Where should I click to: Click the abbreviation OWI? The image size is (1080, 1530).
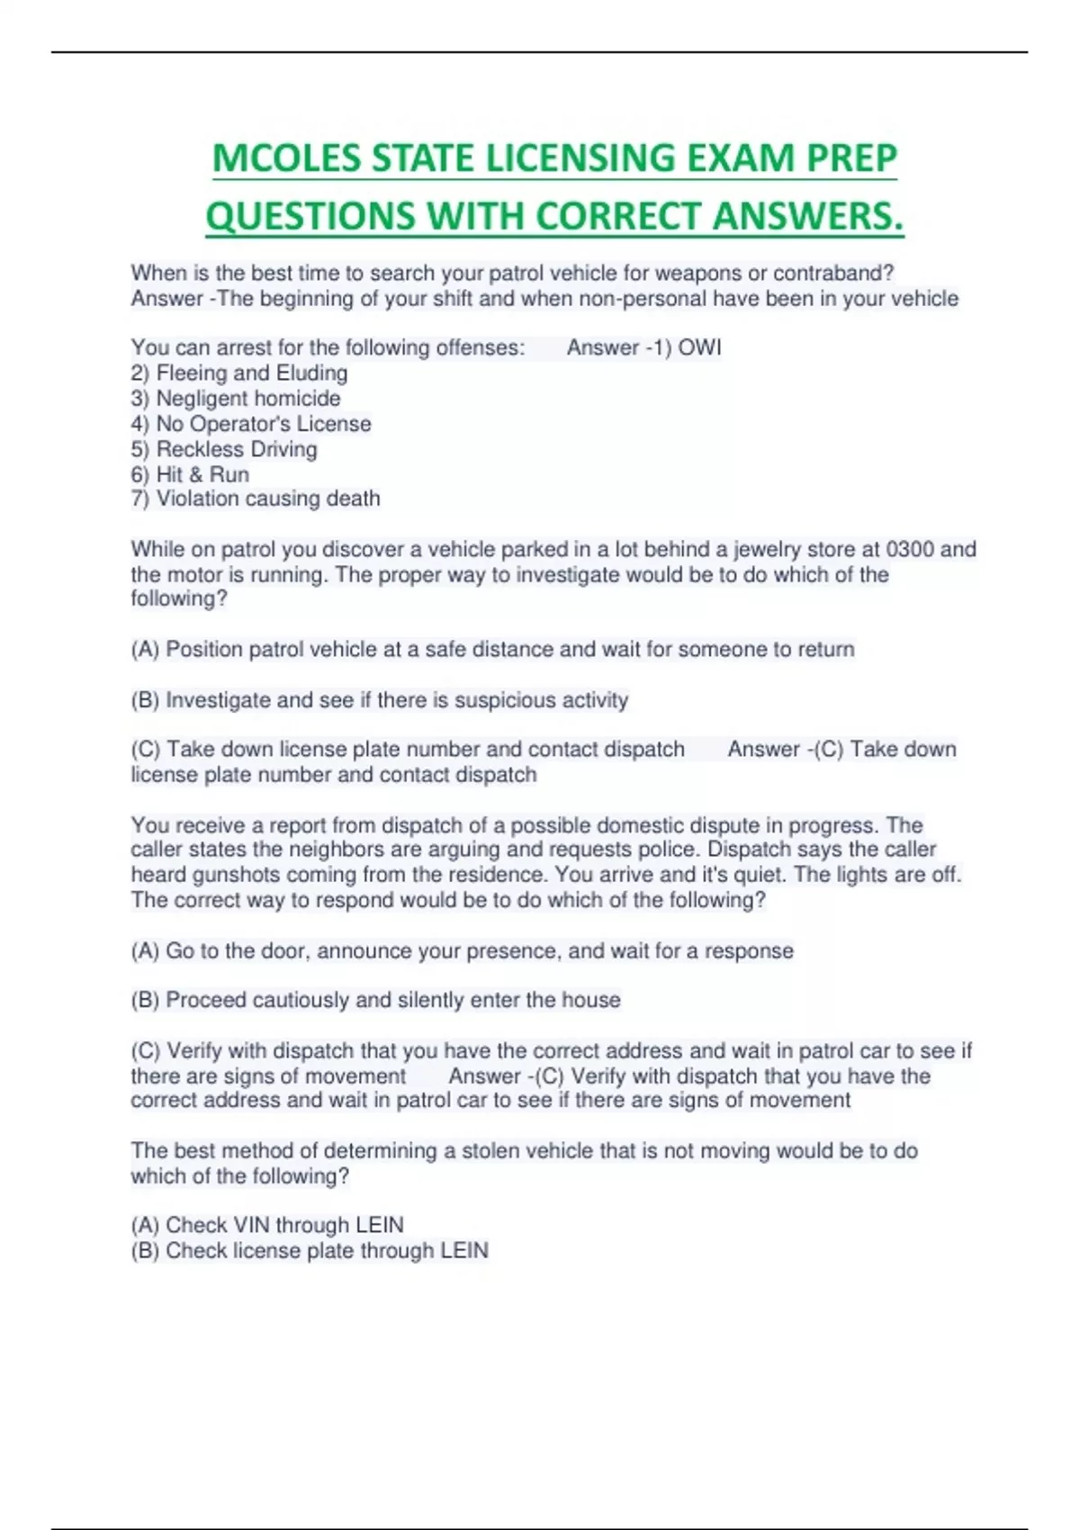coord(699,347)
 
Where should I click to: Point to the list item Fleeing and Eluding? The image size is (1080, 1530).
coord(239,373)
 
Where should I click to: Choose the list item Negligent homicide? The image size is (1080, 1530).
coord(236,398)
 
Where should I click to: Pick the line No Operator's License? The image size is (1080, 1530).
coord(251,423)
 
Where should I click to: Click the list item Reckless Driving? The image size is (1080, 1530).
coord(224,448)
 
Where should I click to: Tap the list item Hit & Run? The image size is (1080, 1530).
coord(190,473)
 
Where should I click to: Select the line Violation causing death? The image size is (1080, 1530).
coord(256,498)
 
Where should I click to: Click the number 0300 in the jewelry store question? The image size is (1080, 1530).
coord(910,549)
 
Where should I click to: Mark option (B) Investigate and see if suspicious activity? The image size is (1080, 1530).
coord(380,699)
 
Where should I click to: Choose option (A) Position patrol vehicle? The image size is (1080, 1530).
coord(492,649)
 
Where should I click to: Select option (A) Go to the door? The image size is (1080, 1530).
coord(462,950)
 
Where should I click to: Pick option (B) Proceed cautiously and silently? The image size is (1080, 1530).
coord(375,999)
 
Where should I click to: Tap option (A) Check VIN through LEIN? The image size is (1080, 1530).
coord(267,1224)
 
